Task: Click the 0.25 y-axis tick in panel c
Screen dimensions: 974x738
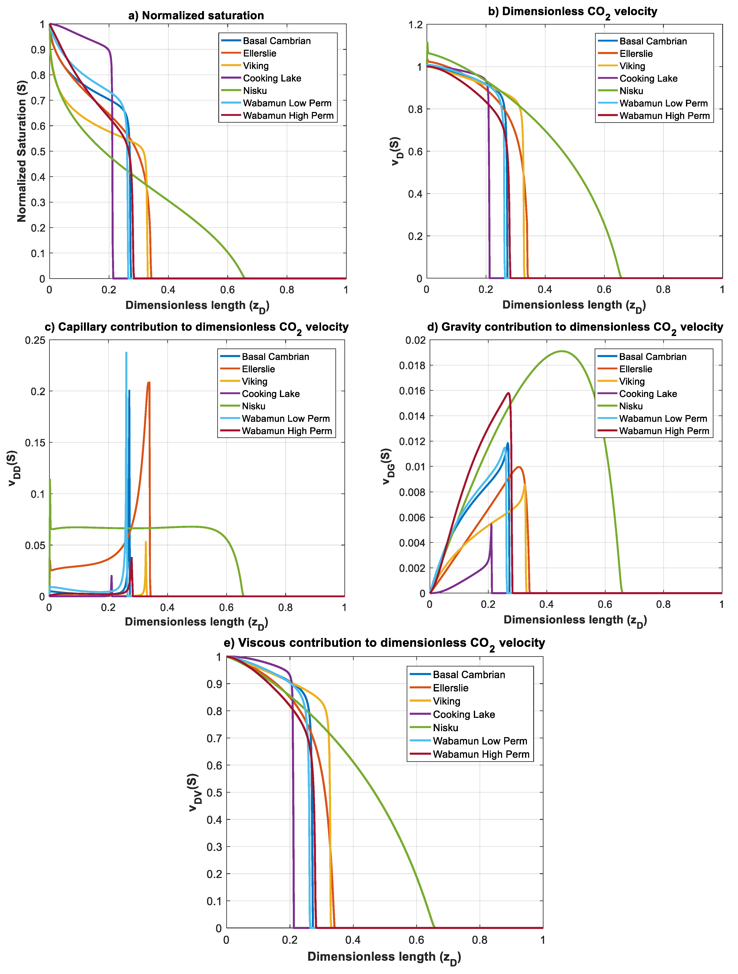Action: (x=35, y=340)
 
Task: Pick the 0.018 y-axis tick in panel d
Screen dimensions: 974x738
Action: (x=412, y=365)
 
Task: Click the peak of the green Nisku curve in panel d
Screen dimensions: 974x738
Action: (x=561, y=351)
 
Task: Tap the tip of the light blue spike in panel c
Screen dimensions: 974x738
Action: (x=126, y=353)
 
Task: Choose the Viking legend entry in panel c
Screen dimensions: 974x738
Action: (x=255, y=381)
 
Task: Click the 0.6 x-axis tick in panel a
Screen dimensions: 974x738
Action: (x=228, y=290)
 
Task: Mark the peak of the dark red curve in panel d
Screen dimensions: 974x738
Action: (x=509, y=393)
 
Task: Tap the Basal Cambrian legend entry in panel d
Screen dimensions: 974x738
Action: (x=653, y=357)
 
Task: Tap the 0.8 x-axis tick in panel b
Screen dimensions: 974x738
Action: (x=663, y=289)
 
